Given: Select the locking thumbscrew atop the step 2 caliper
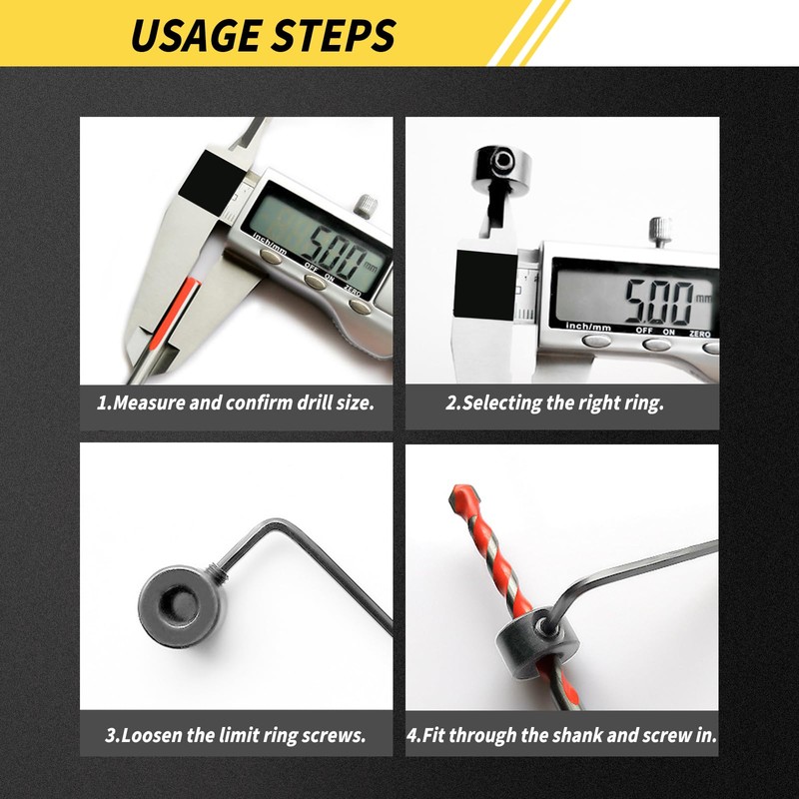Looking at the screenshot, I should pyautogui.click(x=659, y=232).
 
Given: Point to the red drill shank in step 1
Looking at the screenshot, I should pyautogui.click(x=186, y=300).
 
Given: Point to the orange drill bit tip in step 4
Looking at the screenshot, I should pyautogui.click(x=461, y=499).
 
